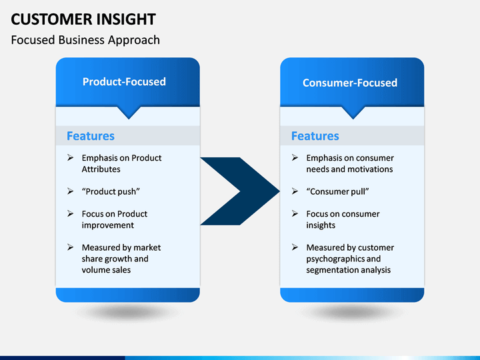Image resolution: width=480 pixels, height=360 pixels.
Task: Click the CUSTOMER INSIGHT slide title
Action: point(83,19)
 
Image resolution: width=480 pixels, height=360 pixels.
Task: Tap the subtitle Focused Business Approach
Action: point(85,40)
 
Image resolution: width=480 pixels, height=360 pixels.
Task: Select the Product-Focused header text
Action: point(124,82)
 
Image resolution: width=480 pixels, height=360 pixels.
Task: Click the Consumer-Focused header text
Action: point(350,83)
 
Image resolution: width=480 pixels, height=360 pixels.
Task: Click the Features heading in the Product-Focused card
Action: point(91,136)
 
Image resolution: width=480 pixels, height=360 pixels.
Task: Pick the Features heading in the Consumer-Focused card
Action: point(315,136)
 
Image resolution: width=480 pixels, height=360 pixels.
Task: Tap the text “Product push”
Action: point(111,191)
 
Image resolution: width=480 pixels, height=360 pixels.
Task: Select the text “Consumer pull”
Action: point(337,191)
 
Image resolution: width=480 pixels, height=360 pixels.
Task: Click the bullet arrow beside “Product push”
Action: point(71,191)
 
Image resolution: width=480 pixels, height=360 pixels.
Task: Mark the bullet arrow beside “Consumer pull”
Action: point(295,191)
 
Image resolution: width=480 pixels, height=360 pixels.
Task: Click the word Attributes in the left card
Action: point(101,169)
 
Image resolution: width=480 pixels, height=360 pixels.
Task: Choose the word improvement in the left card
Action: point(108,225)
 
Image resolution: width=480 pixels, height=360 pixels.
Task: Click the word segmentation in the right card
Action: point(333,270)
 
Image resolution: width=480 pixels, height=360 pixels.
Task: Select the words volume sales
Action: point(106,270)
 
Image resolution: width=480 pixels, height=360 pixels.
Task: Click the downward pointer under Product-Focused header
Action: point(129,113)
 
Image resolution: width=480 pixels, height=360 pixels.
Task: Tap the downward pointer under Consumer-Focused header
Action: point(353,113)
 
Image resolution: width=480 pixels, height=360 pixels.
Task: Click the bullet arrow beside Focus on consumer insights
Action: point(295,213)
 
